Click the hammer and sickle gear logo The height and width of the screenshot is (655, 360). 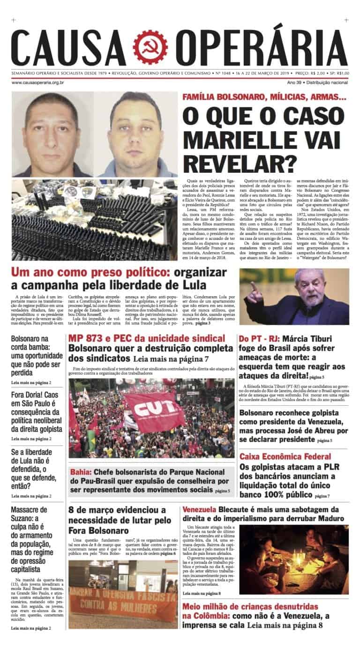150,47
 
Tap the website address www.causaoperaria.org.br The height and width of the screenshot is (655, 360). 37,82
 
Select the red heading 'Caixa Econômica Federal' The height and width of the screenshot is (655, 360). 285,456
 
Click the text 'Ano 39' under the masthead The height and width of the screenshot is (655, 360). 296,82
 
